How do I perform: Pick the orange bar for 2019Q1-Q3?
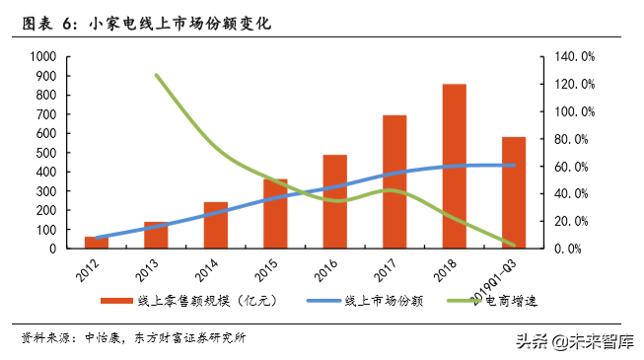pos(514,192)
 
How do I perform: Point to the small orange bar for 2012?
pos(96,243)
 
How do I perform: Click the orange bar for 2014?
pos(215,225)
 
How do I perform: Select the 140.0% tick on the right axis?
pos(573,57)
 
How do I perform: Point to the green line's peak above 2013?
pos(157,75)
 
